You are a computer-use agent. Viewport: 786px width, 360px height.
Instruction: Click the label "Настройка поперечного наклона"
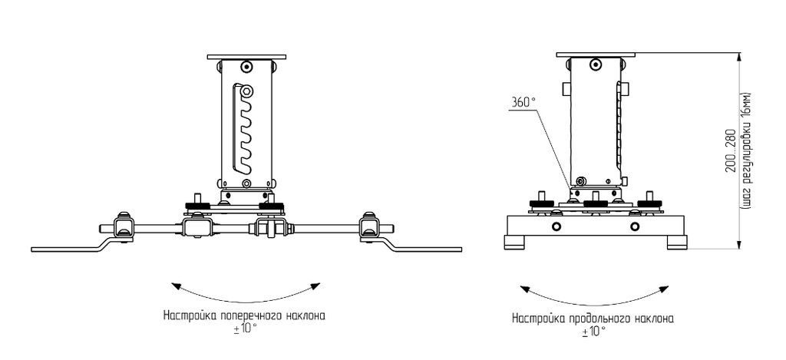245,315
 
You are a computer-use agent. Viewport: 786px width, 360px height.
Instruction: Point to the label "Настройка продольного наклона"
593,317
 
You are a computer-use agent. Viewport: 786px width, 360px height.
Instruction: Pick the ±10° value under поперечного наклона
245,329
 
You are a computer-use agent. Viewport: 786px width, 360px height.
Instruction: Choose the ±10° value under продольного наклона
593,331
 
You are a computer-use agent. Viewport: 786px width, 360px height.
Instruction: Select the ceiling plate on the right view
597,54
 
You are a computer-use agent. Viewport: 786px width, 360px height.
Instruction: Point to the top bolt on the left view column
246,66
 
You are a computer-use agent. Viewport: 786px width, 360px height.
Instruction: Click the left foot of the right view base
514,243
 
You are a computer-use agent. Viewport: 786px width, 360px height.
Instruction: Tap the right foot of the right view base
676,243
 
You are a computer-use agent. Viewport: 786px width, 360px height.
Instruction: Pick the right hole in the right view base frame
634,226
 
